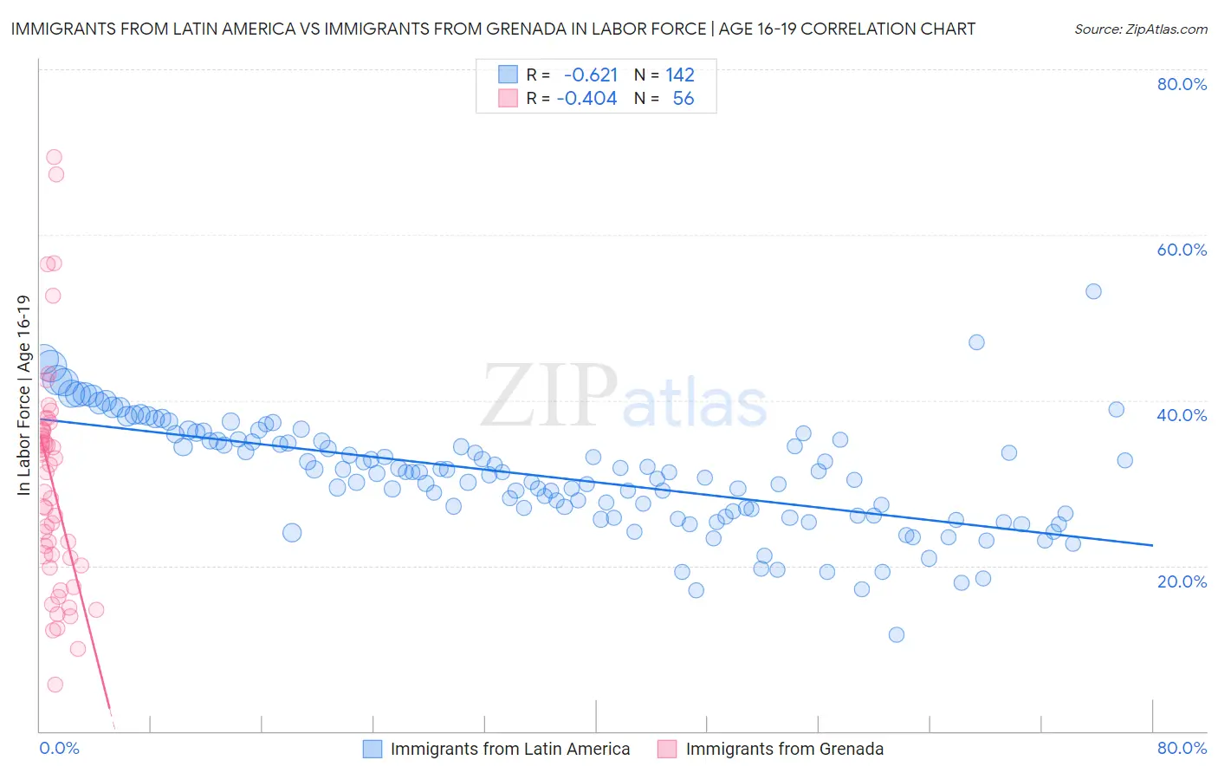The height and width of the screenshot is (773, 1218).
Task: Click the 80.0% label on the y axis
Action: pos(1182,84)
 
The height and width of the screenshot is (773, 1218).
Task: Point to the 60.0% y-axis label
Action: pos(1182,250)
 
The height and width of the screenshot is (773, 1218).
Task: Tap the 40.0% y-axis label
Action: pos(1182,415)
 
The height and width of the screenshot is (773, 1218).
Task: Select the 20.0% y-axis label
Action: pos(1182,581)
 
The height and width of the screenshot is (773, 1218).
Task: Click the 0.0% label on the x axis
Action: pos(59,748)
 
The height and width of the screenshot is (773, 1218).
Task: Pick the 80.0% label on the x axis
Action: pos(1182,748)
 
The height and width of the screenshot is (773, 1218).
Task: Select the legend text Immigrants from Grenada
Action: pos(784,749)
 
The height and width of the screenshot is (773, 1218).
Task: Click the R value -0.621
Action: pos(591,75)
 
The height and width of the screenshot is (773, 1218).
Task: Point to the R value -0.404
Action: pos(587,99)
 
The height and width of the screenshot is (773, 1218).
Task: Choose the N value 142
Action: pos(680,75)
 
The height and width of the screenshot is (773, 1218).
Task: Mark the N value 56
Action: pos(683,99)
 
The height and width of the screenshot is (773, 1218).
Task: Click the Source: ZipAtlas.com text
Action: pos(1140,29)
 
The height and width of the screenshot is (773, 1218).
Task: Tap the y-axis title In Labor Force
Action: pos(23,395)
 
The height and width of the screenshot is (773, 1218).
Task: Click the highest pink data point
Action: pos(54,157)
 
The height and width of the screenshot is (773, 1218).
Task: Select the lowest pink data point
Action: pos(55,685)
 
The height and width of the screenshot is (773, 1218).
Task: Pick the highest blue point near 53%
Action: pos(1093,291)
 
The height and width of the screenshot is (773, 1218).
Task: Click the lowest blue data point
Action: pos(897,634)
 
